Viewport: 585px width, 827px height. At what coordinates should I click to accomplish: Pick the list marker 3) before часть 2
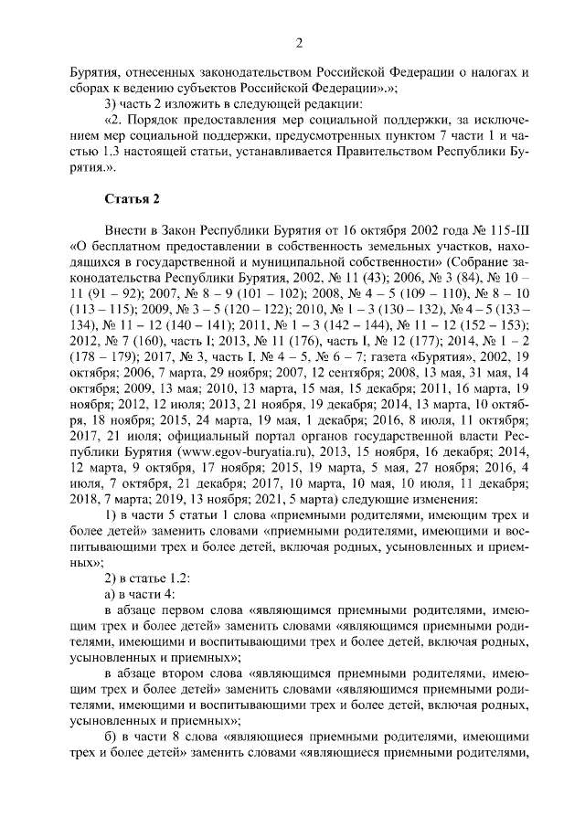click(112, 103)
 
